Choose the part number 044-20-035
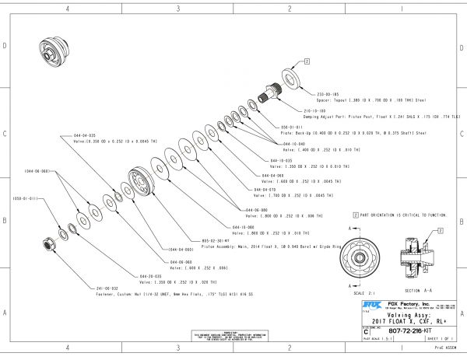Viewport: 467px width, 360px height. (150, 275)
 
